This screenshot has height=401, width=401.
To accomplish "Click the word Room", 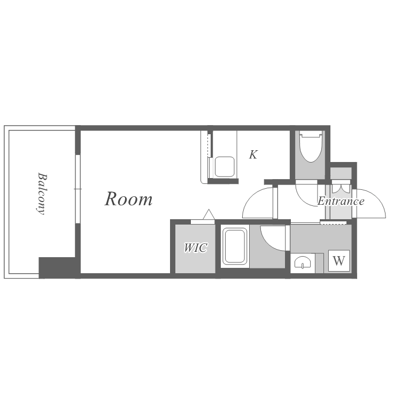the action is [x=129, y=199].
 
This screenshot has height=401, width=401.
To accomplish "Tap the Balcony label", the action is [x=41, y=194].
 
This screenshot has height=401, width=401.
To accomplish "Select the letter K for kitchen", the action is [x=253, y=155].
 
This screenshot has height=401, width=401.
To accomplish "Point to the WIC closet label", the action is [x=196, y=248].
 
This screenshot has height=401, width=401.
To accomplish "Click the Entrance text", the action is [x=341, y=201].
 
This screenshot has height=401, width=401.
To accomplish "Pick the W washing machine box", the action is [x=339, y=260].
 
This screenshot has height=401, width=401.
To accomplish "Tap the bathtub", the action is [x=235, y=246].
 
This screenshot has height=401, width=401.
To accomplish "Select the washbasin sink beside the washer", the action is [x=303, y=263].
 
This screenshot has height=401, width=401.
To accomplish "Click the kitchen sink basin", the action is [x=224, y=166].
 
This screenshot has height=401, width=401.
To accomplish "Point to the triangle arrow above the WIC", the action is [x=209, y=214].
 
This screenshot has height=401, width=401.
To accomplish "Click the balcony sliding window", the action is [x=78, y=189].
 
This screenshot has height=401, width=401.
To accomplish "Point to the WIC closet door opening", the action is [x=203, y=222].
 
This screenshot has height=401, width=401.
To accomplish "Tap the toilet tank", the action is [x=311, y=134].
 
